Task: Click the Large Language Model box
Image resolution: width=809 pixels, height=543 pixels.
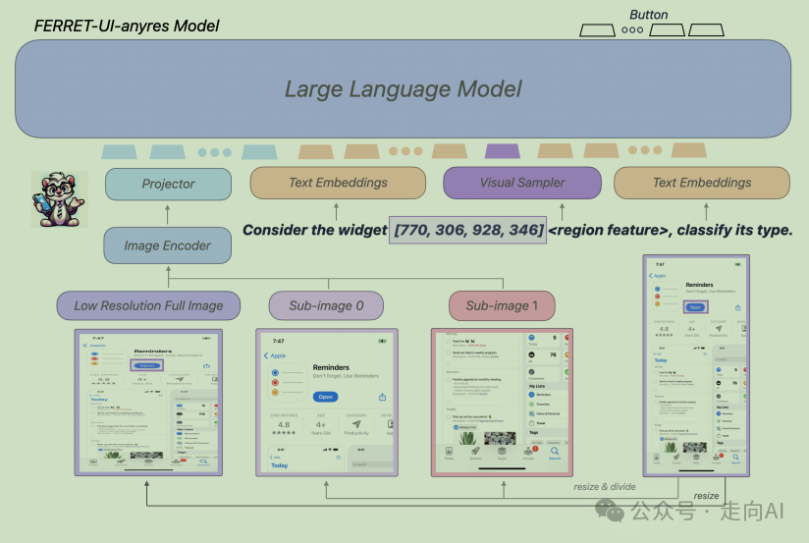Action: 404,88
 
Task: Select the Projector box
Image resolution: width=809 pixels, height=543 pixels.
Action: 168,183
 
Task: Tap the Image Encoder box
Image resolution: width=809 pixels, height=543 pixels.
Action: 167,245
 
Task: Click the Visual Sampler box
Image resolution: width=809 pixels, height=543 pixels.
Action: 522,183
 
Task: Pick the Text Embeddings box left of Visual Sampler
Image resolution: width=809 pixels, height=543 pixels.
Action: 338,183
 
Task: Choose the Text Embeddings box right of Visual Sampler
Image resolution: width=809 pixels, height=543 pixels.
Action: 701,183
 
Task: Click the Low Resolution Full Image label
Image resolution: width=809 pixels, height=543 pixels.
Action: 148,305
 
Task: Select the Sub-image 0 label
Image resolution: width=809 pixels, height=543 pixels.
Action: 326,305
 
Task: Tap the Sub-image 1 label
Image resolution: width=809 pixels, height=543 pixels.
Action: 502,305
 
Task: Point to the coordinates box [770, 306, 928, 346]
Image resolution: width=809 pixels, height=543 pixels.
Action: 468,230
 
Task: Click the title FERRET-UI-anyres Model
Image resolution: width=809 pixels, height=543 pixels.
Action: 128,26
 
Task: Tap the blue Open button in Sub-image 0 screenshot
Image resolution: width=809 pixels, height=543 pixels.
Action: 326,397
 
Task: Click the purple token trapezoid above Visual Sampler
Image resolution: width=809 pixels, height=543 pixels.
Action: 502,151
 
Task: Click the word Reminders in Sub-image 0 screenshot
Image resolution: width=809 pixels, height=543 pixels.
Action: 331,367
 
